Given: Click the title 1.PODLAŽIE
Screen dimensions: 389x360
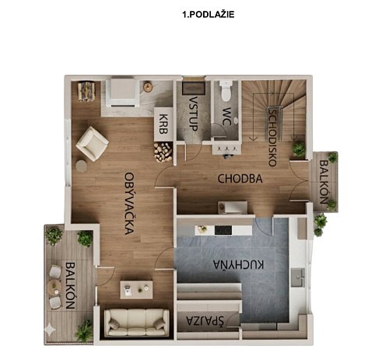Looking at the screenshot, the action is click(209, 15).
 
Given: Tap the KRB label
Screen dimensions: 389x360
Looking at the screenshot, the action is click(163, 124).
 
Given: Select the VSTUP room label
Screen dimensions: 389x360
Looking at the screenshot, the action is click(194, 114).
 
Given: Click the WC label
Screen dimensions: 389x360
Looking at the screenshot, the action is click(227, 117).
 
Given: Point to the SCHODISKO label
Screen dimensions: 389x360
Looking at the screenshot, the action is click(272, 138).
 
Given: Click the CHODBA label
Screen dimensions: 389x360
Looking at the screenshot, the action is click(240, 179).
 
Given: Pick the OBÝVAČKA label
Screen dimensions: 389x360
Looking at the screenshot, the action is click(129, 204).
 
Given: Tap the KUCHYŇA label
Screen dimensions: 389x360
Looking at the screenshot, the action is click(239, 264).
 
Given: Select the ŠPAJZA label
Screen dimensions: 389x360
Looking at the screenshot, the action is click(205, 321).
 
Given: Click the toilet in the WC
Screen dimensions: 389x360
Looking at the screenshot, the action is click(226, 90).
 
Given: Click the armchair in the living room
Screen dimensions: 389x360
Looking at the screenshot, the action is click(92, 144).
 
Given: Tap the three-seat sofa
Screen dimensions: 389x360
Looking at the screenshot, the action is click(136, 323).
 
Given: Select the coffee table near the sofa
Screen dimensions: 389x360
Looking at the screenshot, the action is click(136, 290).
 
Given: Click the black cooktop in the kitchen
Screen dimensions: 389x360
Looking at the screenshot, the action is click(223, 230).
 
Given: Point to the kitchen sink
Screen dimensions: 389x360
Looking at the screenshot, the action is click(298, 278).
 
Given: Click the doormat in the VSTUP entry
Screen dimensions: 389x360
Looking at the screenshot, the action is click(194, 88).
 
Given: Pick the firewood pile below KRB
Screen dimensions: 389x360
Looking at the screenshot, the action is click(163, 152).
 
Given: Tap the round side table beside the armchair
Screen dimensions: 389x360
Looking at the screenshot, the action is click(82, 166).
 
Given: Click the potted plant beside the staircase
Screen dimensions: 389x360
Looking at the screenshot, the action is click(299, 149).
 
